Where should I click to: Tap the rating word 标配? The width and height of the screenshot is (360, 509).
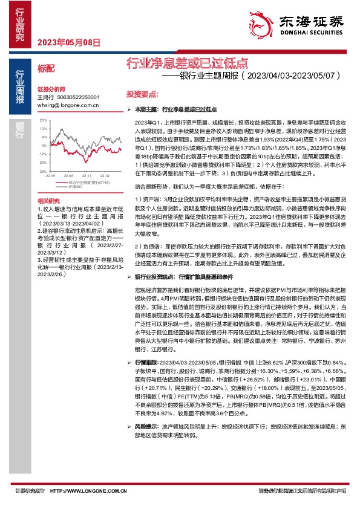point(46,68)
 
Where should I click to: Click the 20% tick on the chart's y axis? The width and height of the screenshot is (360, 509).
point(43,121)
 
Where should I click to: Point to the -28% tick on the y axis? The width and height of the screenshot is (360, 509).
point(42,171)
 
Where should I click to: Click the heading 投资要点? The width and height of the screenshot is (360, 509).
point(142,94)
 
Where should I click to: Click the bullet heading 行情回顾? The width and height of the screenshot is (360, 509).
point(148,361)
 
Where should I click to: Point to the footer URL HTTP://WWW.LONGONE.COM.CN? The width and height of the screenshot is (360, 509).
point(83,490)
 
